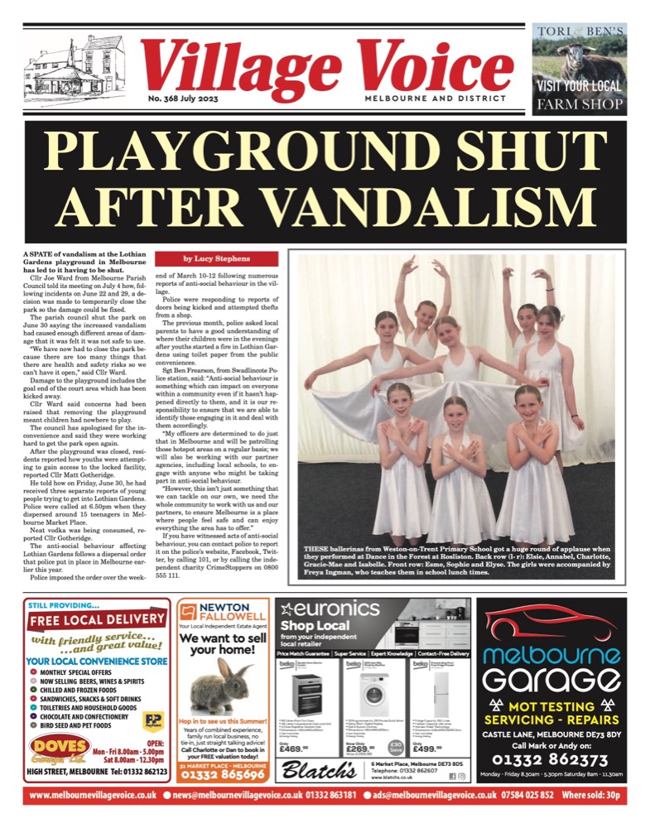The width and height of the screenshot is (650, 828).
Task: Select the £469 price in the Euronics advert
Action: [297, 748]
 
